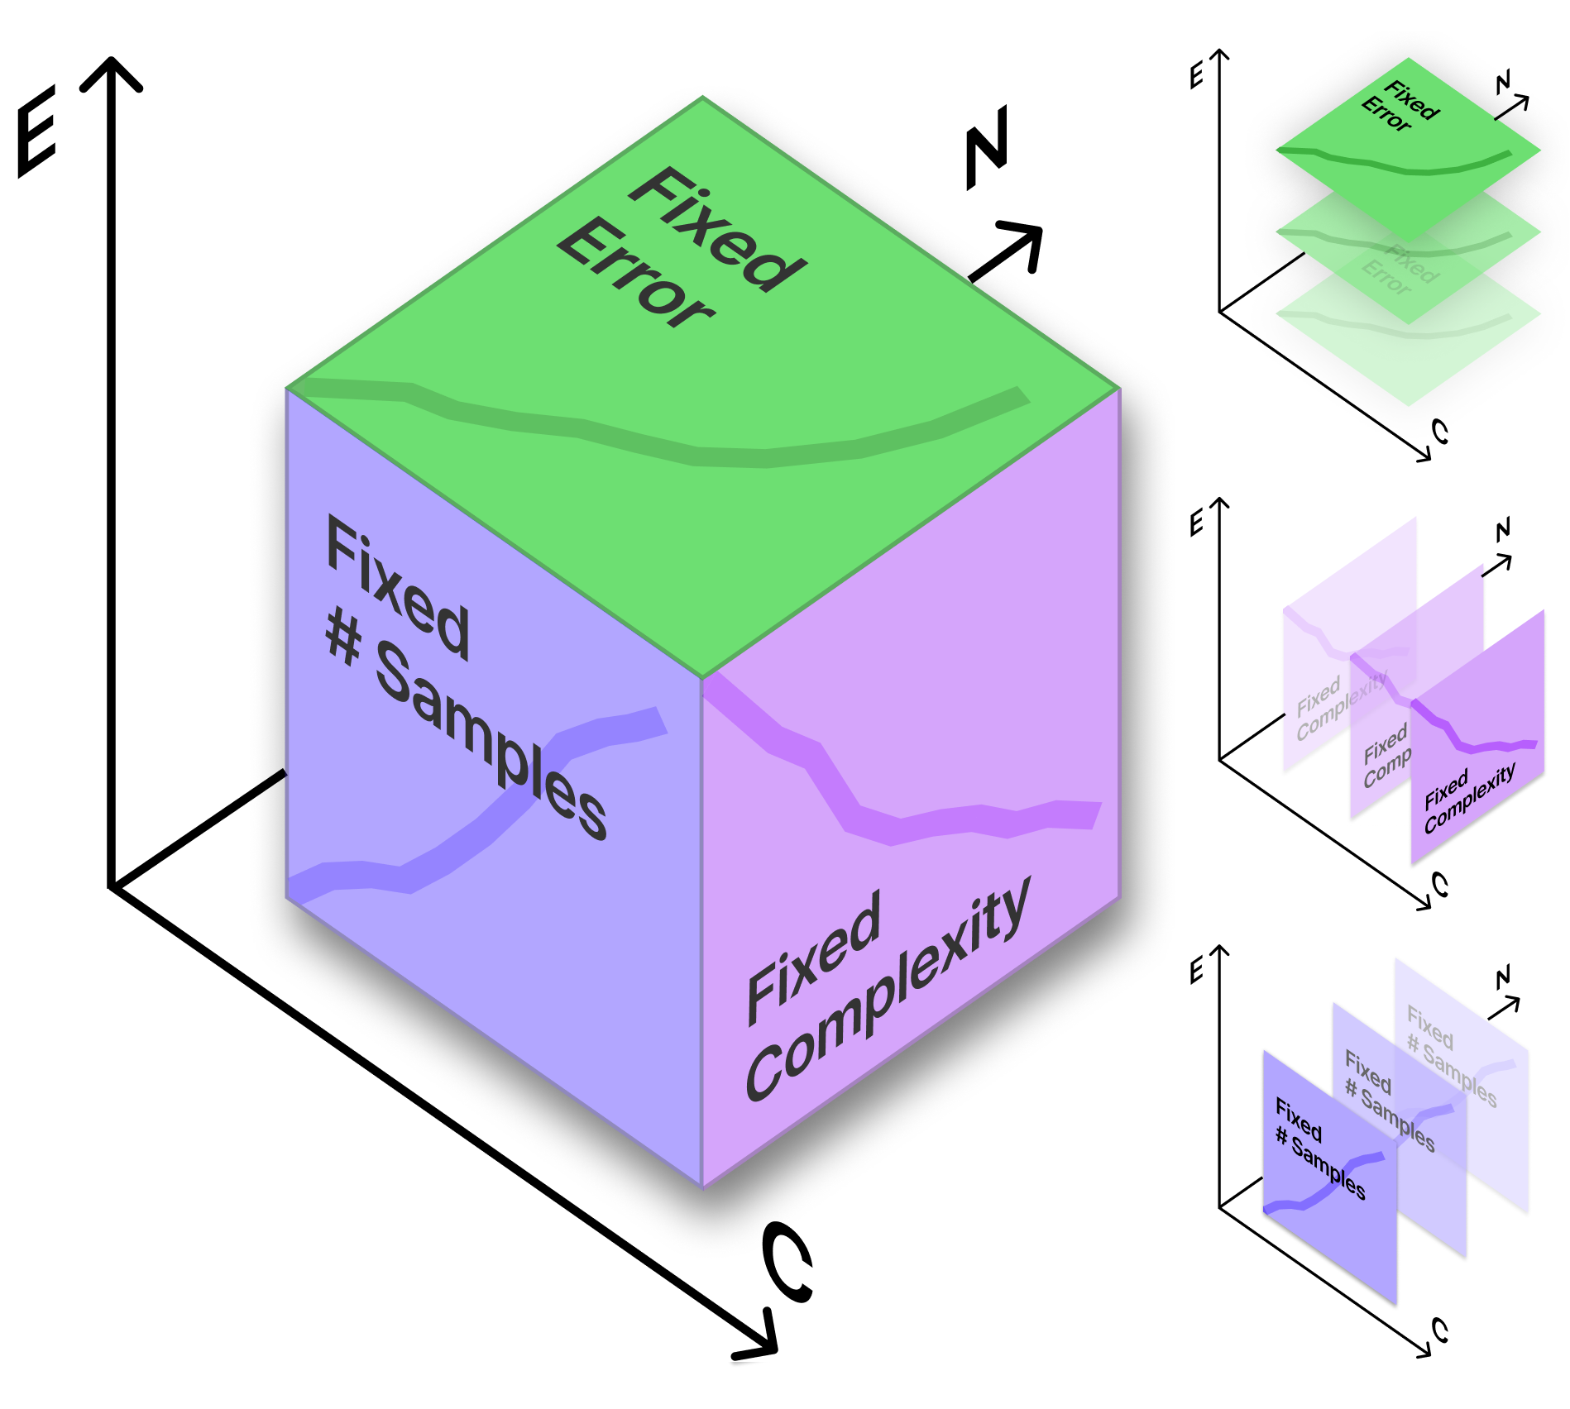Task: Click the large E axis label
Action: [x=36, y=131]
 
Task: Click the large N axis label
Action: [x=987, y=146]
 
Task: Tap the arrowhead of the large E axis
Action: [x=111, y=70]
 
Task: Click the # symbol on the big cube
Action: [x=344, y=637]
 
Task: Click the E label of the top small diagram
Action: [x=1196, y=76]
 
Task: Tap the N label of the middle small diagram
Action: [x=1503, y=530]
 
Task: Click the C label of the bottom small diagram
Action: [x=1440, y=1330]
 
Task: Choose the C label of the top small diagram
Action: [x=1440, y=431]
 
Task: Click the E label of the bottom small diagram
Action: [x=1196, y=972]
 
